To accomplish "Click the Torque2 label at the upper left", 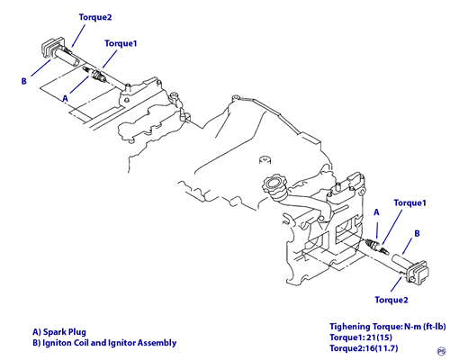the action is tap(95, 17).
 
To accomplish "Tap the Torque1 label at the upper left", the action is tap(121, 43).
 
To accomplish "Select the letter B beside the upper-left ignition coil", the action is tap(24, 81).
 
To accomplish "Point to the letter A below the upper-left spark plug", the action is tap(66, 98).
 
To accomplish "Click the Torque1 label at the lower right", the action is tap(410, 203).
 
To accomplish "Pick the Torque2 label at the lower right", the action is tap(391, 300).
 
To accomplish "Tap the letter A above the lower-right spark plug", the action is tap(376, 212).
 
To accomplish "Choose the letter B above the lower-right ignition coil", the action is tap(417, 233).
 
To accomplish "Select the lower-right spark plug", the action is tap(377, 246).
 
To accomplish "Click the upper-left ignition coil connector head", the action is tap(51, 48).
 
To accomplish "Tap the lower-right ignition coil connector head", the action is tap(419, 272).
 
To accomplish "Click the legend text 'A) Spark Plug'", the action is tap(59, 332).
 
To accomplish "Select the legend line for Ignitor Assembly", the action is tap(104, 343).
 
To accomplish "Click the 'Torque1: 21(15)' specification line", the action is tap(361, 337).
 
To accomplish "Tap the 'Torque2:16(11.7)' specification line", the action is tap(364, 348).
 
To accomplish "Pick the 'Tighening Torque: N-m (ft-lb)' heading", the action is tap(388, 327).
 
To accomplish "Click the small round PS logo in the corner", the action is tap(442, 351).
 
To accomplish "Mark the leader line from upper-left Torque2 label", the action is tap(78, 36).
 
